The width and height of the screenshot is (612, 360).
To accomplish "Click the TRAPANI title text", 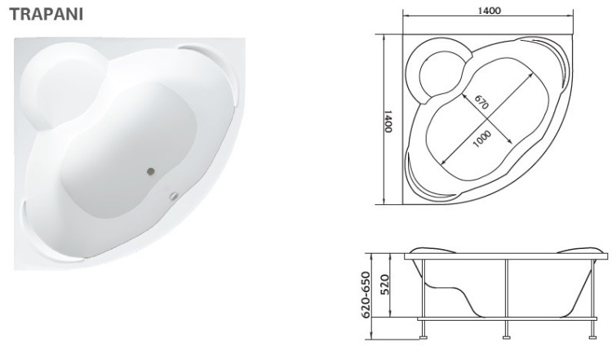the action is (47, 14).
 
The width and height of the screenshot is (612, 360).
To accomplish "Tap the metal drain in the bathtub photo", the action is (151, 171).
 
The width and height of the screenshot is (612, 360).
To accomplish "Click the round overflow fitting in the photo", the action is (173, 196).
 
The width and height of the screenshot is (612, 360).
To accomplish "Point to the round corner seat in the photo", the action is (64, 86).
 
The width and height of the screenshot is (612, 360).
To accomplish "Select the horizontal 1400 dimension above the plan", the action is (489, 11).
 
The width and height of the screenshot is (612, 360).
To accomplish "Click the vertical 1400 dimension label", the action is (388, 121).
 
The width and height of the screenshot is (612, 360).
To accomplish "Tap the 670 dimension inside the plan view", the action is (481, 102).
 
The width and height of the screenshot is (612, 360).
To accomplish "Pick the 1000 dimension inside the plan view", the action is (481, 139).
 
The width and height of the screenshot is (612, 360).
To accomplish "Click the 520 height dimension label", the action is (384, 284).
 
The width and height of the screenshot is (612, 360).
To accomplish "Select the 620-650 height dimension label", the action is (366, 295).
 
